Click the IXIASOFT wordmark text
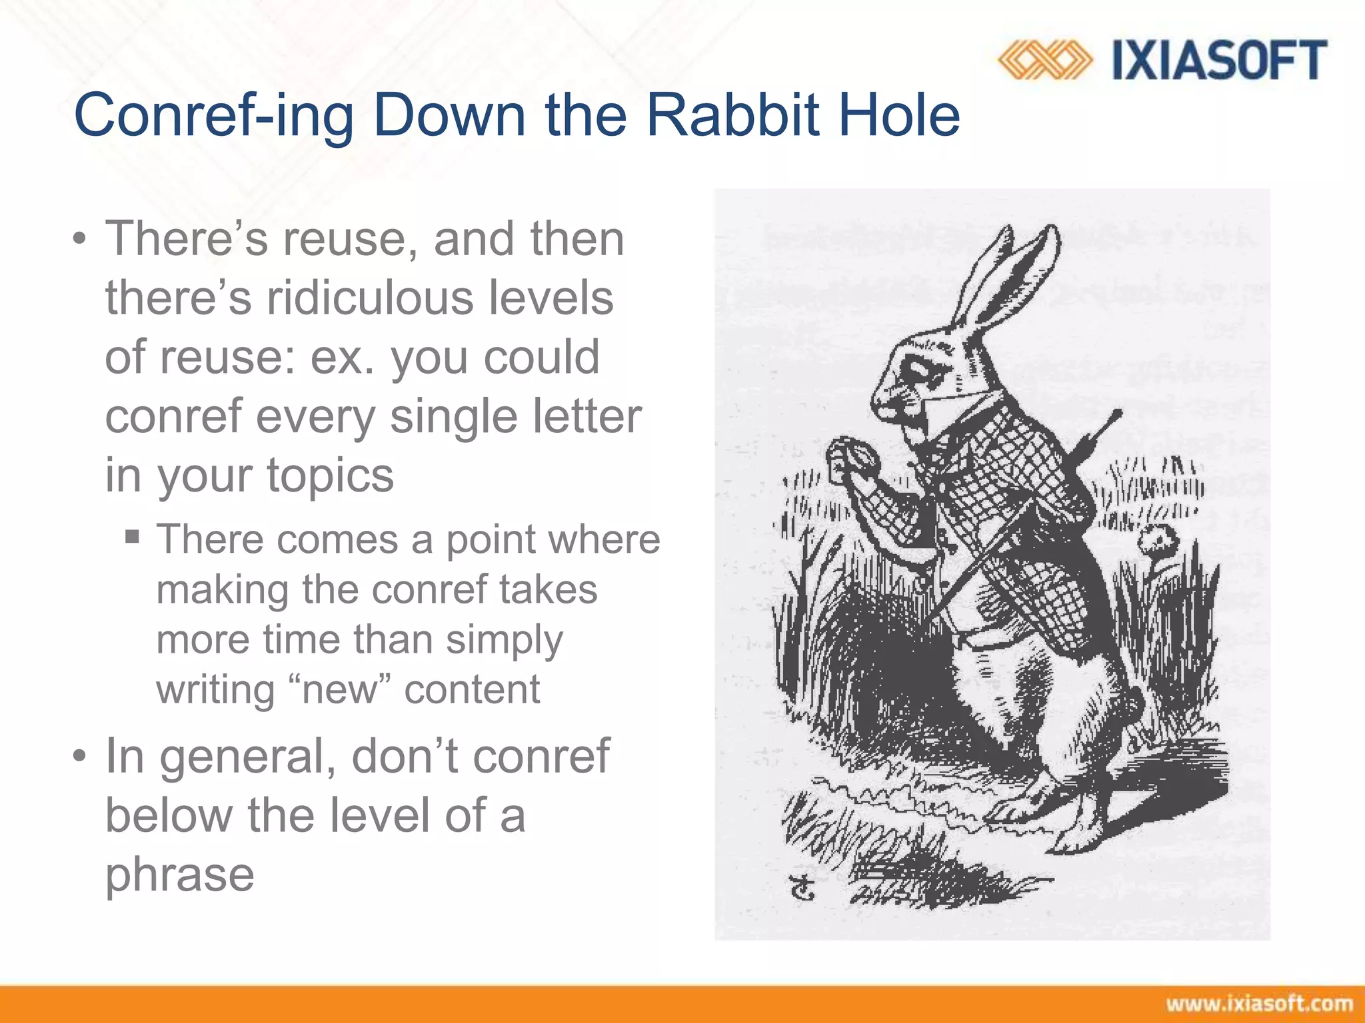1219,60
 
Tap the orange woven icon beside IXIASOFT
1044,60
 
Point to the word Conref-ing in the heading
213,117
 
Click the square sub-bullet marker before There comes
132,536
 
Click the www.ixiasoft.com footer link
1259,1004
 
